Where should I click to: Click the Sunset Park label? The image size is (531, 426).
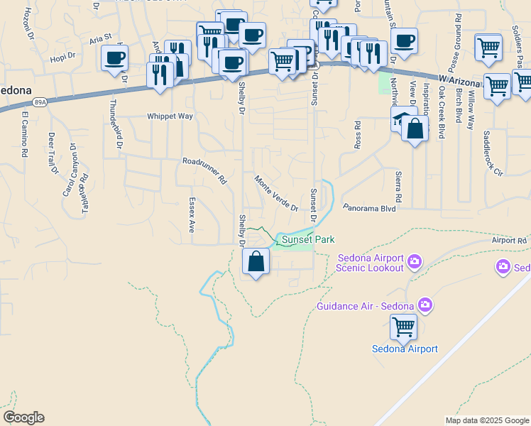(x=307, y=240)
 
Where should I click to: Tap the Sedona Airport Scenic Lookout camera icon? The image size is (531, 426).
(x=415, y=263)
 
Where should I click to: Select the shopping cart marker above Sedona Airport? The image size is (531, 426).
(x=404, y=327)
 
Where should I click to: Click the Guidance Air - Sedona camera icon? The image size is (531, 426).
(x=425, y=306)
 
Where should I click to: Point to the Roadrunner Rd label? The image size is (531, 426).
(x=204, y=171)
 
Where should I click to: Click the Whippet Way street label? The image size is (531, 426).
(x=170, y=116)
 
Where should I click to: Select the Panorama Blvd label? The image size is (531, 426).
(x=368, y=209)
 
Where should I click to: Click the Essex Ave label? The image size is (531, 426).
(x=191, y=215)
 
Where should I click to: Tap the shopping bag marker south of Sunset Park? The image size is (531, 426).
(x=256, y=262)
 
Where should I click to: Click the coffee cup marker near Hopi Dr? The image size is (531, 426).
(x=114, y=58)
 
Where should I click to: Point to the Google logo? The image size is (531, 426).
(x=23, y=417)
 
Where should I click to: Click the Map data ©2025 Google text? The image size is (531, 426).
(x=487, y=420)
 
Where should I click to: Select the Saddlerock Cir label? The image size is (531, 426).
(x=493, y=155)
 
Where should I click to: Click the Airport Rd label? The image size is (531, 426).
(x=509, y=241)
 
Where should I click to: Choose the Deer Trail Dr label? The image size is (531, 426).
(x=52, y=153)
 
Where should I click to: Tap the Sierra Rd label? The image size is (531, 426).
(x=398, y=186)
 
